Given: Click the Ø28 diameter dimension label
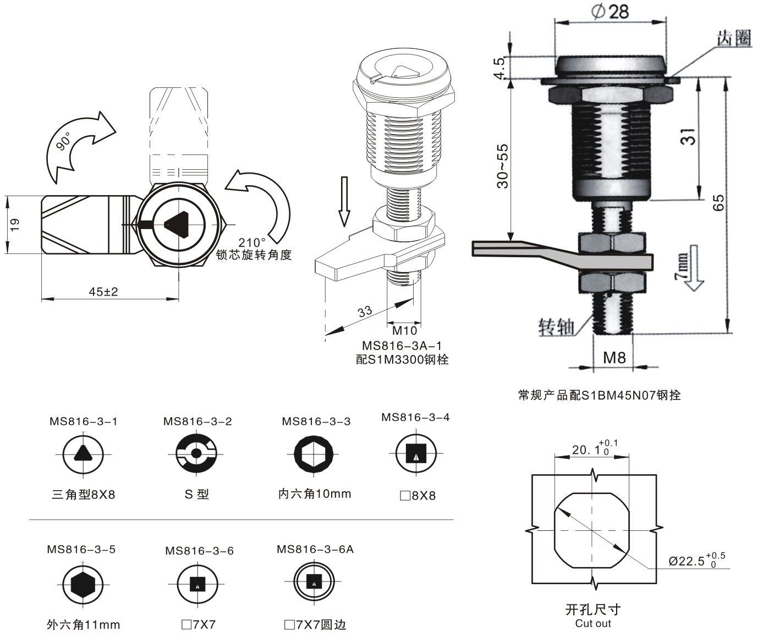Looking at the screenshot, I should [x=611, y=12].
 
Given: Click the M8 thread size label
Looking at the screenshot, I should [x=614, y=358].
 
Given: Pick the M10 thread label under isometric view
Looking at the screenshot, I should [x=404, y=331].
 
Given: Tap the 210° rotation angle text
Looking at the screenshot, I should [x=252, y=242].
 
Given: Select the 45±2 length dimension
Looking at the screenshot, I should [x=103, y=292].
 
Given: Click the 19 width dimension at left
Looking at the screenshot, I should [x=15, y=224].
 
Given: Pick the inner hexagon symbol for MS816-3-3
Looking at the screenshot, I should [x=314, y=454].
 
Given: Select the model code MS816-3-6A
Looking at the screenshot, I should [x=315, y=549].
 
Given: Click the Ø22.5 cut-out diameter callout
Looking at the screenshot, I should [x=695, y=561].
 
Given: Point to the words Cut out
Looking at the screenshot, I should [x=592, y=623].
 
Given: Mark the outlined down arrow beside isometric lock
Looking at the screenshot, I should [x=344, y=201].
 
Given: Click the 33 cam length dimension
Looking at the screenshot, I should [x=365, y=312].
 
